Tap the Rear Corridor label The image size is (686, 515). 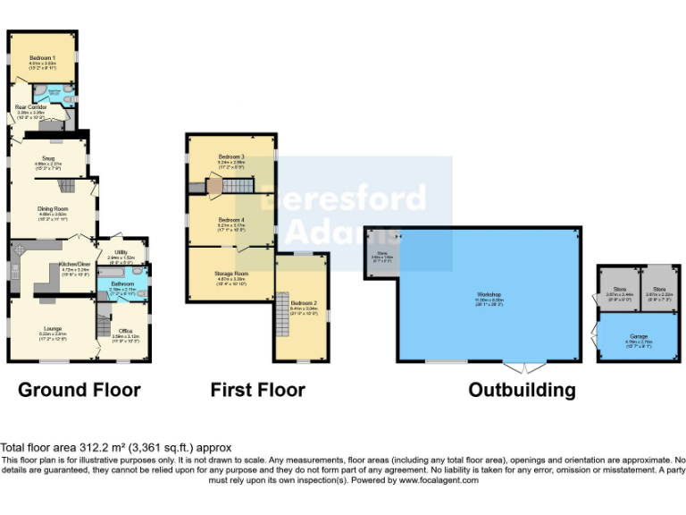(x=30, y=106)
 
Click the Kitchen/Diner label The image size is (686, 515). (x=74, y=265)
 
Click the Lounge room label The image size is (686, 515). (x=52, y=330)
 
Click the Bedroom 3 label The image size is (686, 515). (x=230, y=157)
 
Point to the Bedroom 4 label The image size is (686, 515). (x=230, y=220)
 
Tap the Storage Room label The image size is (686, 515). (x=230, y=273)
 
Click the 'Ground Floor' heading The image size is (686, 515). (x=79, y=390)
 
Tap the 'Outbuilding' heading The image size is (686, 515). (x=522, y=390)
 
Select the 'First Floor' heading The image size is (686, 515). (x=257, y=390)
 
